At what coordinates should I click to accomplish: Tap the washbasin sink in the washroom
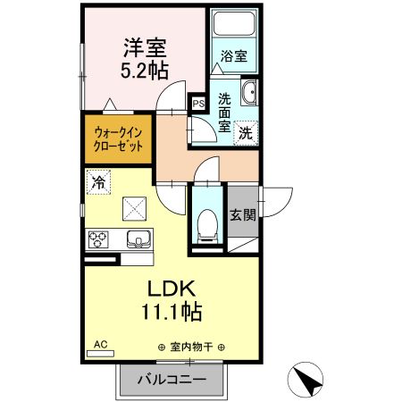pyautogui.click(x=250, y=92)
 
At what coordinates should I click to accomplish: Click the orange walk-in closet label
pyautogui.click(x=118, y=139)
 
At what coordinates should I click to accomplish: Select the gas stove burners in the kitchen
pyautogui.click(x=98, y=239)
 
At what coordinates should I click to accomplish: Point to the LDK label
pyautogui.click(x=164, y=290)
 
